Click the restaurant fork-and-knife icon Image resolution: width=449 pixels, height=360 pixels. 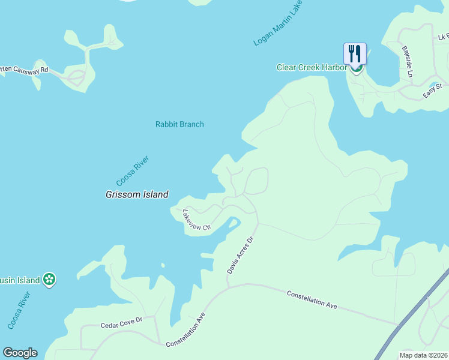[x=355, y=53]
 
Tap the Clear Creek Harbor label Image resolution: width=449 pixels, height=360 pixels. [x=311, y=67]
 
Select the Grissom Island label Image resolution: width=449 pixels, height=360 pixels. [x=137, y=194]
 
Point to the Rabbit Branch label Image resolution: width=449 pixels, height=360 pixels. [x=179, y=124]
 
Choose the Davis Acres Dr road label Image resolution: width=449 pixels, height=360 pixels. [x=241, y=255]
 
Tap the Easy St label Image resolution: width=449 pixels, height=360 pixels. [x=432, y=90]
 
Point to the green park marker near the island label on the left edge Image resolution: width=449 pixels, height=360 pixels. [x=50, y=280]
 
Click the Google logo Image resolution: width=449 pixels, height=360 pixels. [x=20, y=353]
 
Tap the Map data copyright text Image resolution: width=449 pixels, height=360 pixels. [x=423, y=355]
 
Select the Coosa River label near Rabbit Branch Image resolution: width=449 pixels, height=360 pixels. [x=132, y=170]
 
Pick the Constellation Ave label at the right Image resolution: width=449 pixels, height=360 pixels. [x=312, y=299]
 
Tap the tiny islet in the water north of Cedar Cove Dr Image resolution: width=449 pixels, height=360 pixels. [x=162, y=265]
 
